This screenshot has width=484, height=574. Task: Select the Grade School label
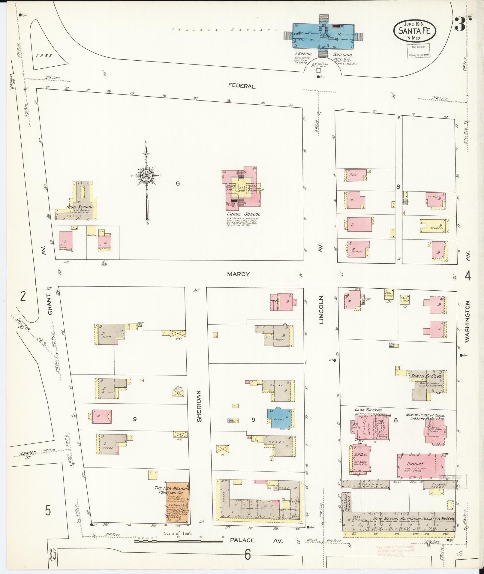[x=243, y=214]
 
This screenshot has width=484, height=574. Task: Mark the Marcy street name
[x=239, y=274]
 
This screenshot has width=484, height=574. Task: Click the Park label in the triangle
[x=44, y=56]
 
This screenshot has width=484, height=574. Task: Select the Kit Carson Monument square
[x=318, y=70]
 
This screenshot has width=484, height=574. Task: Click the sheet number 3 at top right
[x=460, y=25]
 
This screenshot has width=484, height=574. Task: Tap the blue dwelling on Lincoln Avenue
[x=279, y=418]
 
